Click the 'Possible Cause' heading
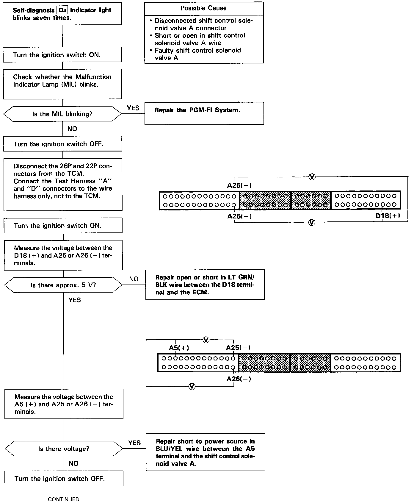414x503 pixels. (203, 8)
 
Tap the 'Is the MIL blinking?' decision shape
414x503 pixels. (62, 114)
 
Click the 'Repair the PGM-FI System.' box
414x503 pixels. (204, 113)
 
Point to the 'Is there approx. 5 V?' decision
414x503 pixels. (63, 285)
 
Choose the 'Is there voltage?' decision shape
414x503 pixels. (64, 449)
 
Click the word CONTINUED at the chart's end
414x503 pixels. (64, 499)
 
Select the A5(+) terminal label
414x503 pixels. (179, 348)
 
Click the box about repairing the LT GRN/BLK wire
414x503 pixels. (205, 285)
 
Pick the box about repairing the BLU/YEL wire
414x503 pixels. (205, 452)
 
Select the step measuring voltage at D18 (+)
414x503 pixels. (63, 255)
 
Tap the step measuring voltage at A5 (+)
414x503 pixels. (64, 404)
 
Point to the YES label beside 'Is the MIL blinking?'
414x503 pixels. (133, 108)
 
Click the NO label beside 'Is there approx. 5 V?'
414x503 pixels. (134, 279)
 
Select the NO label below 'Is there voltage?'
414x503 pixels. (73, 463)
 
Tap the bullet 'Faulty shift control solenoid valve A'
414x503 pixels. (197, 54)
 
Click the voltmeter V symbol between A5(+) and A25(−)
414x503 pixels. (206, 340)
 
